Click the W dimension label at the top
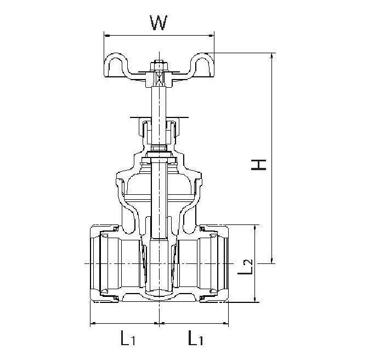point(158,23)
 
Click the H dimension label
point(258,165)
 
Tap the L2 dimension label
point(245,267)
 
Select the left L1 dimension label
point(128,337)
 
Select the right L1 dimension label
point(195,337)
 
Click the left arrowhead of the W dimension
point(107,36)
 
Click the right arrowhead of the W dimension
point(211,36)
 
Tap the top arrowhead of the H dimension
point(272,55)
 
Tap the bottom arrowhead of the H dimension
point(272,261)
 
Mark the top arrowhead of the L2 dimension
point(255,228)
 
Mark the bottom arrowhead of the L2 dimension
point(255,299)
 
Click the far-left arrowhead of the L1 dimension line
point(93,323)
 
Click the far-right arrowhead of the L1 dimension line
point(225,323)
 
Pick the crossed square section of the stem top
point(159,78)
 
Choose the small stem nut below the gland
point(159,148)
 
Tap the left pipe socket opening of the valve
point(95,263)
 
